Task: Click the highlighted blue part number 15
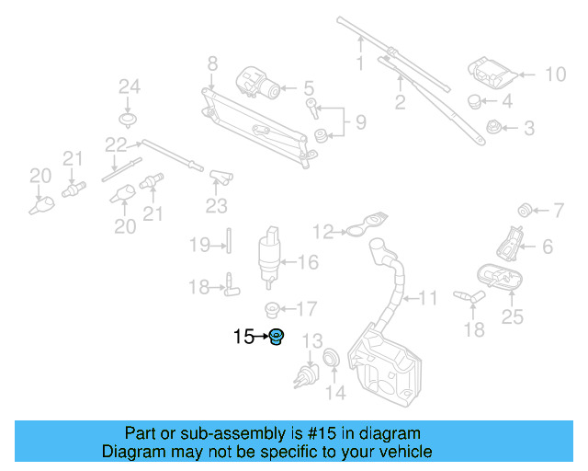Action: click(x=276, y=338)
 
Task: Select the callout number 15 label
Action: click(x=243, y=337)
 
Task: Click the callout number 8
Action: click(x=212, y=63)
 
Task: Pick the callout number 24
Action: click(x=129, y=86)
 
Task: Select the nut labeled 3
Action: click(x=492, y=128)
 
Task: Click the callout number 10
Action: click(x=556, y=74)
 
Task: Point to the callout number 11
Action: click(x=428, y=298)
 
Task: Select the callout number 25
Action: click(x=512, y=317)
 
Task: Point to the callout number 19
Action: click(x=200, y=245)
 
